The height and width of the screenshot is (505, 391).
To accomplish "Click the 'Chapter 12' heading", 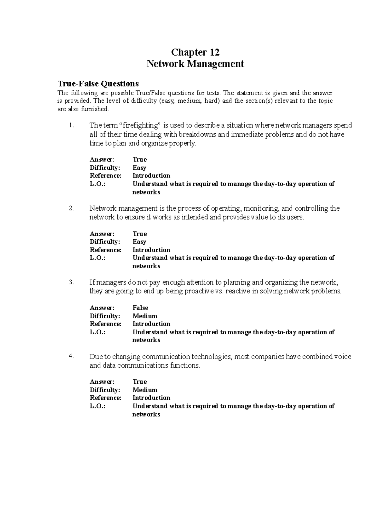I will [195, 52].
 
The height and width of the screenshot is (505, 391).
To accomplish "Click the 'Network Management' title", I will [195, 64].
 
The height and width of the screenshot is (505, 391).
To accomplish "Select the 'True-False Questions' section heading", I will [98, 84].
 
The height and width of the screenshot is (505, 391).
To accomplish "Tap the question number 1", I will [72, 126].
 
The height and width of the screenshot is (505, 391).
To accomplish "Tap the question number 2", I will [72, 208].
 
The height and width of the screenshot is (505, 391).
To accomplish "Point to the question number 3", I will [72, 282].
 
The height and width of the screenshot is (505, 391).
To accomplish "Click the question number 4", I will [72, 356].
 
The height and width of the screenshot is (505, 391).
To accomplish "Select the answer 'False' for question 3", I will [140, 308].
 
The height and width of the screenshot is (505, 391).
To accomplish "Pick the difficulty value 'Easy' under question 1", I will [139, 168].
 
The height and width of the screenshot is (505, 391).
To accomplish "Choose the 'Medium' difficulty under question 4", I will [145, 390].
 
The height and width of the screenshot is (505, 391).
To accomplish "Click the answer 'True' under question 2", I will [140, 234].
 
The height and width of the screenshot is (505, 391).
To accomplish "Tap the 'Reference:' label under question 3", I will [105, 324].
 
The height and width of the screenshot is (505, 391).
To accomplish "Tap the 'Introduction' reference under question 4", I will [151, 398].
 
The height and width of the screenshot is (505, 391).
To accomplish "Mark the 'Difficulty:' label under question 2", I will [105, 242].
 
